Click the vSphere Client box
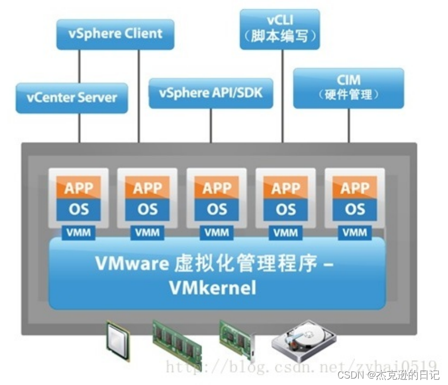(x=115, y=34)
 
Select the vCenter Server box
(x=72, y=98)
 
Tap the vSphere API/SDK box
(x=211, y=93)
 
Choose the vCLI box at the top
(x=280, y=29)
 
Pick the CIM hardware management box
(x=349, y=88)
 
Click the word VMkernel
(x=212, y=288)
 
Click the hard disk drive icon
(x=303, y=341)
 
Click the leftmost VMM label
(x=78, y=233)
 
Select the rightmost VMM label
(x=355, y=233)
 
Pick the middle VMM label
(x=217, y=233)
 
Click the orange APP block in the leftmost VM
(x=79, y=188)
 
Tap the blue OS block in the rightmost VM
(x=355, y=209)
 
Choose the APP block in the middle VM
(x=217, y=188)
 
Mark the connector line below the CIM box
(x=349, y=126)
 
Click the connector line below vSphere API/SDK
(x=211, y=126)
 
